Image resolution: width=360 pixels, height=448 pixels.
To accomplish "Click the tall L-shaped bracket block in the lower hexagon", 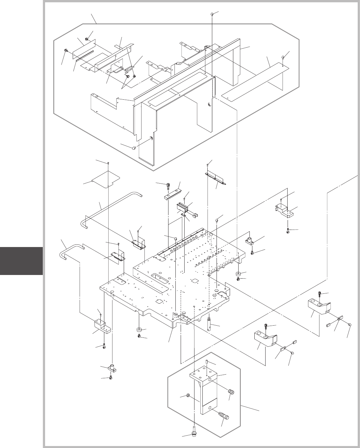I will (x=204, y=391).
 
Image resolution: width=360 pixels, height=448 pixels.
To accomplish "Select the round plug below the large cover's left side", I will (x=134, y=148).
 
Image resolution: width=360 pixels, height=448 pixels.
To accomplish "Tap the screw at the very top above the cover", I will (x=212, y=14).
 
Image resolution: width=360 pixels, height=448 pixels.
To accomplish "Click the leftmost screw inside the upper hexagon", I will (x=66, y=51).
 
